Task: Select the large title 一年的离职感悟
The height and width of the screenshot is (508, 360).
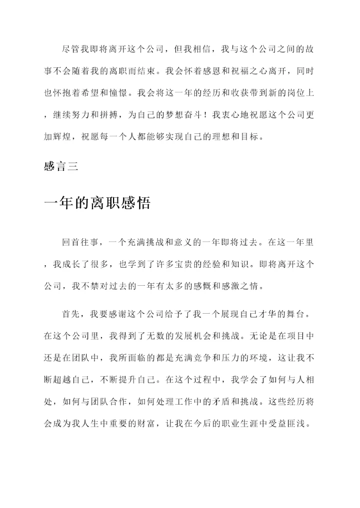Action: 97,204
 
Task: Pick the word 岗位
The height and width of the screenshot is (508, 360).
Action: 286,93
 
